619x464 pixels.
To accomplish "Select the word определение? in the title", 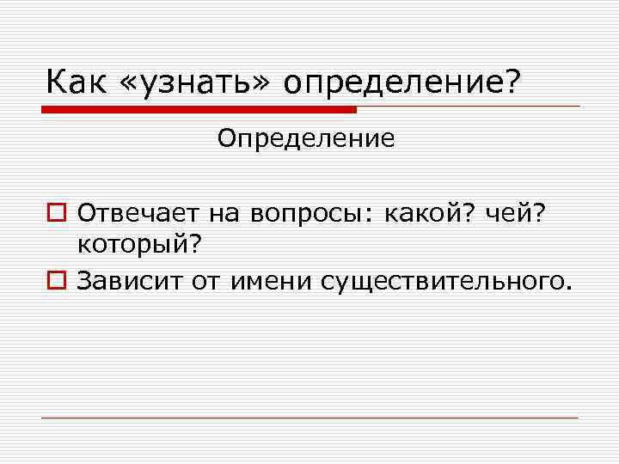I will point(400,84).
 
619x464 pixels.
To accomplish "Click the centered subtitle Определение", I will point(306,138).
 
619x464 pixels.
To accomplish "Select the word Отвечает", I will point(136,212).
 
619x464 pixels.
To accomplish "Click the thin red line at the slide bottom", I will point(309,418).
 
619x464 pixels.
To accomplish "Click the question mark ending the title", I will point(512,82).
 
